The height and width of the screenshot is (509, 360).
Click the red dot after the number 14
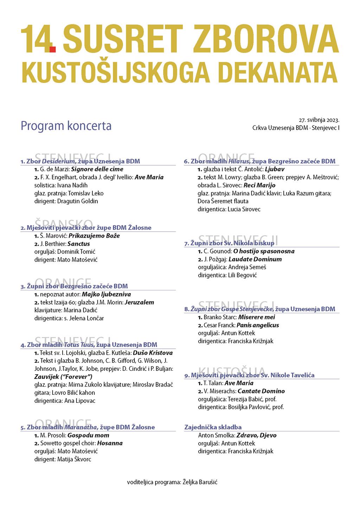tap(52, 49)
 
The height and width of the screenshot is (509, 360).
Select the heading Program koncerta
tap(66, 126)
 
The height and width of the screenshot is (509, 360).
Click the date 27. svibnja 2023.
tap(319, 120)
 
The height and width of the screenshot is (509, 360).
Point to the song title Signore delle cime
tap(97, 169)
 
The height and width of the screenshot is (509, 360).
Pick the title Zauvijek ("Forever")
tap(63, 377)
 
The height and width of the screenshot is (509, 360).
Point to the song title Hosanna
tap(110, 443)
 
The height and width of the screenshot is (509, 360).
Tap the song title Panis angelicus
tap(258, 325)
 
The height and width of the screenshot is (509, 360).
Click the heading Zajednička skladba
tap(213, 427)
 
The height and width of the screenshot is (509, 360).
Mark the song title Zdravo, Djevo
tap(256, 435)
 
